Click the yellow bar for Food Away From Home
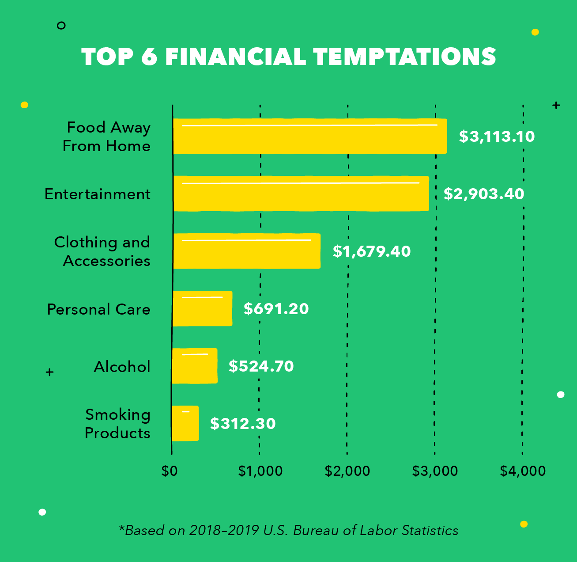point(309,136)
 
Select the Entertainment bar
point(301,194)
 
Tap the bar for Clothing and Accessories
point(246,251)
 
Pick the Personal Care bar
point(202,308)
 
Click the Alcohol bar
point(195,366)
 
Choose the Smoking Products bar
point(185,423)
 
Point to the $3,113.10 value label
point(497,136)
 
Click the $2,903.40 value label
point(484,194)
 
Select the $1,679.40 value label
point(372,251)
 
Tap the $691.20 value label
point(276,308)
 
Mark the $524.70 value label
point(261,366)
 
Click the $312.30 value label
point(243,423)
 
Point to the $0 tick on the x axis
point(170,471)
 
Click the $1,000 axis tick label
point(260,471)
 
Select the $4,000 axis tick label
point(523,471)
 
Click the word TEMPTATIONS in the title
point(405,57)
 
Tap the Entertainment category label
point(98,194)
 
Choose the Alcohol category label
point(122,367)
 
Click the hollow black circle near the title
point(61,26)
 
